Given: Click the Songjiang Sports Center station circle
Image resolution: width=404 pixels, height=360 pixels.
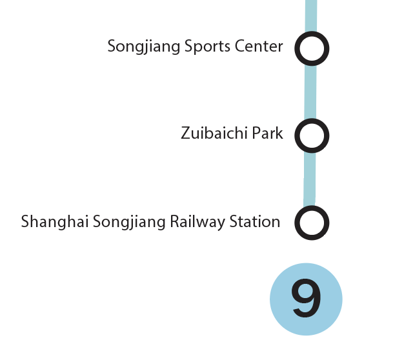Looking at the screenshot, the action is pos(312,48).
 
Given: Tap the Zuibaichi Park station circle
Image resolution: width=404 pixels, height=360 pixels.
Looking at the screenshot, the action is pos(312,135).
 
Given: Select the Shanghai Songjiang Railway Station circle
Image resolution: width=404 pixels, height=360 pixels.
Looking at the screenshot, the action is pos(312,223).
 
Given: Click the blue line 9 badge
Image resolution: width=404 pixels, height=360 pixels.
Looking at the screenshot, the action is pos(306,299).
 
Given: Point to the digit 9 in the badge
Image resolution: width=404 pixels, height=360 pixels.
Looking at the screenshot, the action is pos(307,298).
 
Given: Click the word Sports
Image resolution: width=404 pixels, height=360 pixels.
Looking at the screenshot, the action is pos(207,47).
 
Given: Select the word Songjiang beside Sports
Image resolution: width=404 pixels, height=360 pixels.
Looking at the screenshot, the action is pos(144,47).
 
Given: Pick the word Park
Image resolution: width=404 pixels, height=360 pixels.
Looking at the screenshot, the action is pos(267,133).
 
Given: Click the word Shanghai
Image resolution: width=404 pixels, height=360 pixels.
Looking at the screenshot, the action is pos(55,221).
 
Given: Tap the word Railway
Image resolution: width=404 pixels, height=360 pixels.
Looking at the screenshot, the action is pos(197,222).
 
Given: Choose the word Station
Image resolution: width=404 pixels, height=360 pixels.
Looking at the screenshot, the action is pos(254,221).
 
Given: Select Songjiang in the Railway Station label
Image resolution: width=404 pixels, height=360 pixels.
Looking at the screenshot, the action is pos(129,222).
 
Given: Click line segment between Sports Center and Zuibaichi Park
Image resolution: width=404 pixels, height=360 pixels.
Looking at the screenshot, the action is pos(310,92).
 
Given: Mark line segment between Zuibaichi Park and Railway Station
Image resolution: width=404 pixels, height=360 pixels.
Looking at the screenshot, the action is pos(309,179).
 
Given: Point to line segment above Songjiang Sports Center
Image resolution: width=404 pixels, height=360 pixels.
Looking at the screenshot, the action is pos(311,16).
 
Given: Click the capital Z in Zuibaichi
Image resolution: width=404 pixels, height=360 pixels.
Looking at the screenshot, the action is pos(186,134).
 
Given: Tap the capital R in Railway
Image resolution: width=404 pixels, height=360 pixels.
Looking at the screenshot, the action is pos(175,221).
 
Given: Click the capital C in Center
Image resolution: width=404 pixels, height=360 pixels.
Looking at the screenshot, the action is pos(240,46).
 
